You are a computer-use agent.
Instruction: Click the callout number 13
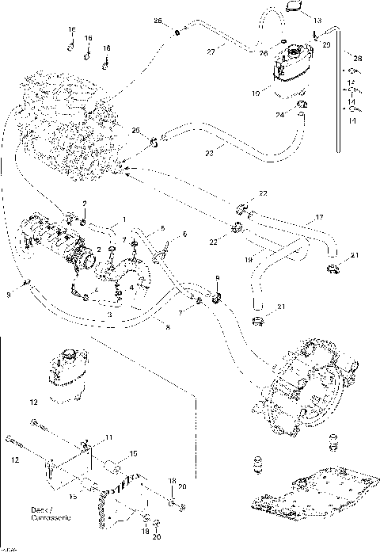(317, 20)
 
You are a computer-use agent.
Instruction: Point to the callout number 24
(280, 114)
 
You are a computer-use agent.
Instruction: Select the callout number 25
(135, 129)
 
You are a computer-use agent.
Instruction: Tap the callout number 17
(320, 216)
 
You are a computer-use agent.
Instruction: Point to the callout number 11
(109, 438)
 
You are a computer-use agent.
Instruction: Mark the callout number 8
(167, 325)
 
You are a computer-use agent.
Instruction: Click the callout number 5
(161, 227)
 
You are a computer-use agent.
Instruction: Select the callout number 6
(185, 235)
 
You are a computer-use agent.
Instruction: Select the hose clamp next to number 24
(300, 106)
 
